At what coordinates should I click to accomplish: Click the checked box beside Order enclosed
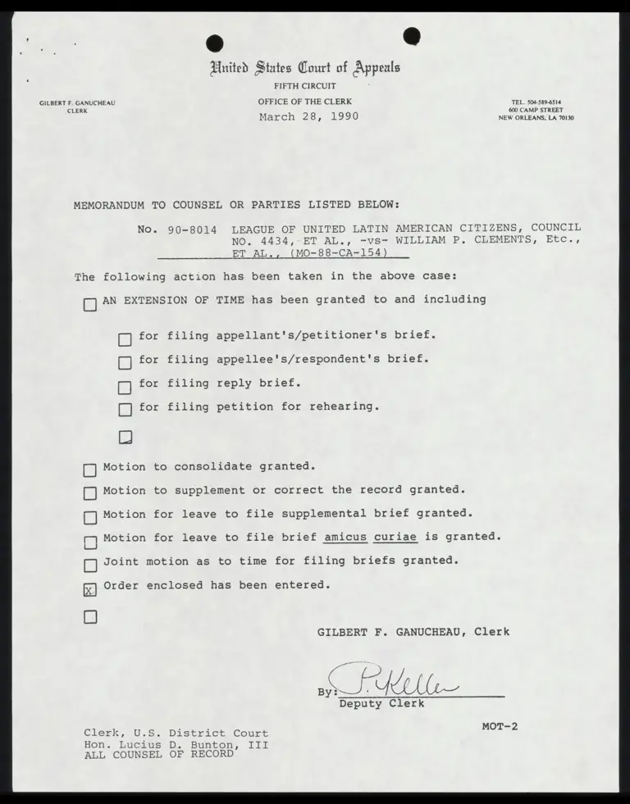pos(90,589)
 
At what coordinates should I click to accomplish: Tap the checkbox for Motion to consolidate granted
pos(90,470)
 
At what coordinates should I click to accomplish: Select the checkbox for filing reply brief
pos(125,387)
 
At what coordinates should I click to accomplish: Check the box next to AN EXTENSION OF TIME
pos(90,305)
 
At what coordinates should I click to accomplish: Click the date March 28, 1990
pos(308,116)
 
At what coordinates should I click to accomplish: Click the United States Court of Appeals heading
pos(306,68)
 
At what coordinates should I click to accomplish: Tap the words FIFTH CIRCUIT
pos(305,86)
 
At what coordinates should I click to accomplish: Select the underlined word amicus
pos(345,538)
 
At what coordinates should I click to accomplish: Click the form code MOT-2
pos(500,726)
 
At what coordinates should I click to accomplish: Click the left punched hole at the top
pos(216,43)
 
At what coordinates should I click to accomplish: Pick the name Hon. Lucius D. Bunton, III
pos(176,745)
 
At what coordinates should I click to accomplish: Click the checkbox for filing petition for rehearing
pos(125,410)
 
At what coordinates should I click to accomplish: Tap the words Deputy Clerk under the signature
pos(381,703)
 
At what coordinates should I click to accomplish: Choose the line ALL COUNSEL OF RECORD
pos(158,756)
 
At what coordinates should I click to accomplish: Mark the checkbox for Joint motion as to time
pos(90,565)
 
